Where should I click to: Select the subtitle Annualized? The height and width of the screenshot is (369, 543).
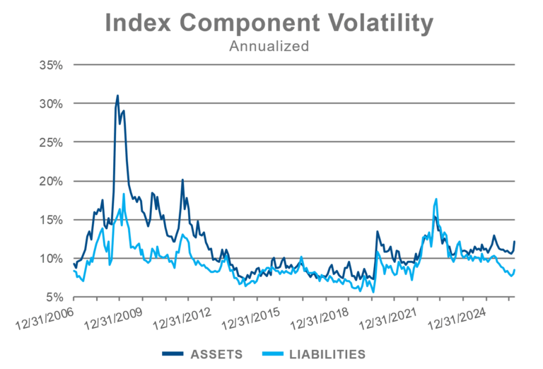pyautogui.click(x=269, y=47)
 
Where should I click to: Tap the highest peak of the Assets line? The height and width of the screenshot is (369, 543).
pyautogui.click(x=117, y=95)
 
